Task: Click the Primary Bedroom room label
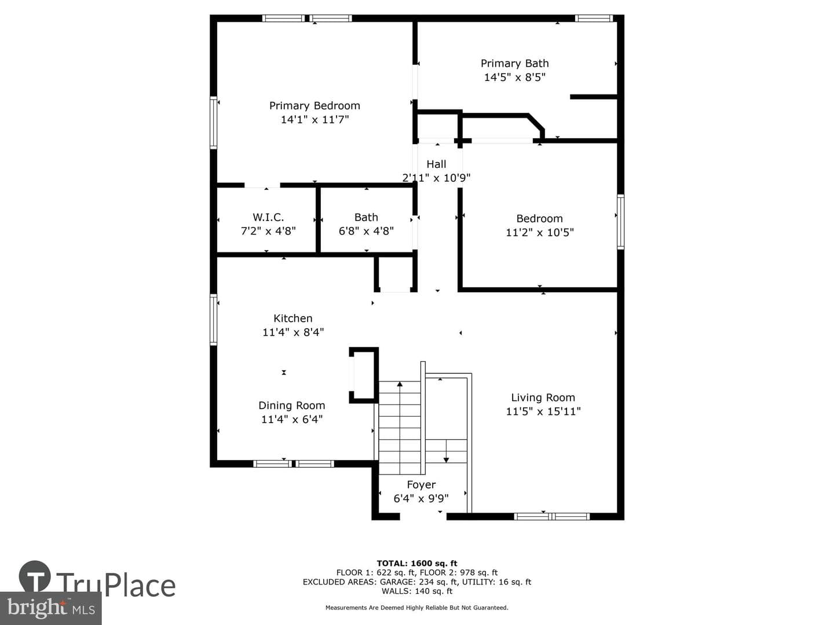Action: click(x=314, y=106)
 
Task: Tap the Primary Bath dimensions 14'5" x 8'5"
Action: click(x=514, y=78)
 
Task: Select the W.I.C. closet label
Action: click(x=268, y=218)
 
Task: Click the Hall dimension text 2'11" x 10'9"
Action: click(x=436, y=178)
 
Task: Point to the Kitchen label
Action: click(x=293, y=318)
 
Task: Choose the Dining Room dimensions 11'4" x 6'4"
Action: click(x=292, y=420)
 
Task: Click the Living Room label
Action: click(x=543, y=398)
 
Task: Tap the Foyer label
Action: click(x=421, y=485)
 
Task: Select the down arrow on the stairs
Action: click(x=447, y=451)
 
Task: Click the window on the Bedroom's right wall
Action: click(x=620, y=222)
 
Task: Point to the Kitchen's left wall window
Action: click(x=214, y=320)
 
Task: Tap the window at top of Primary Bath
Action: click(x=594, y=18)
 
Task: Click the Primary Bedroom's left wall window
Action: click(x=214, y=122)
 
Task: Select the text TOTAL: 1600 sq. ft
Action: click(x=417, y=564)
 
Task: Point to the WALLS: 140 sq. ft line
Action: click(x=417, y=591)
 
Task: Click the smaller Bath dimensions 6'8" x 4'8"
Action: click(x=366, y=231)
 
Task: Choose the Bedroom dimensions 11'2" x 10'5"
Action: click(x=540, y=232)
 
